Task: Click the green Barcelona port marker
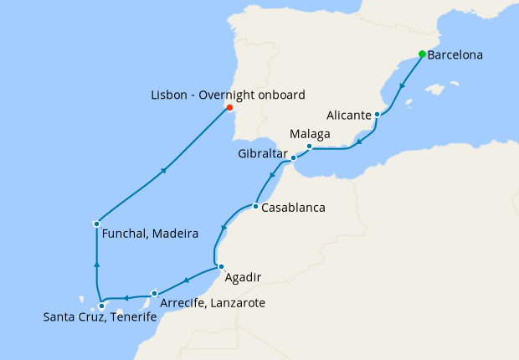coord(422,54)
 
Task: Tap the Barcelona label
coord(455,57)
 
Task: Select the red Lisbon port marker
coord(229,107)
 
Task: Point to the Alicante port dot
coord(378,114)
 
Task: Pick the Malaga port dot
coord(309,147)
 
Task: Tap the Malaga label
coord(309,134)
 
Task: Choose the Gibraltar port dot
coord(293,157)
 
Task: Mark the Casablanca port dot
coord(254,206)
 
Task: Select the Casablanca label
coord(293,207)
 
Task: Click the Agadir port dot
coord(220,267)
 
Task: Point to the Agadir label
coord(243,275)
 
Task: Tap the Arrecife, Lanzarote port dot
coord(155,293)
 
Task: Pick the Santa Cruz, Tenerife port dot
coord(101,306)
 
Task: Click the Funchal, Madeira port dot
coord(97,224)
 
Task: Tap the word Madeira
coord(174,234)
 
